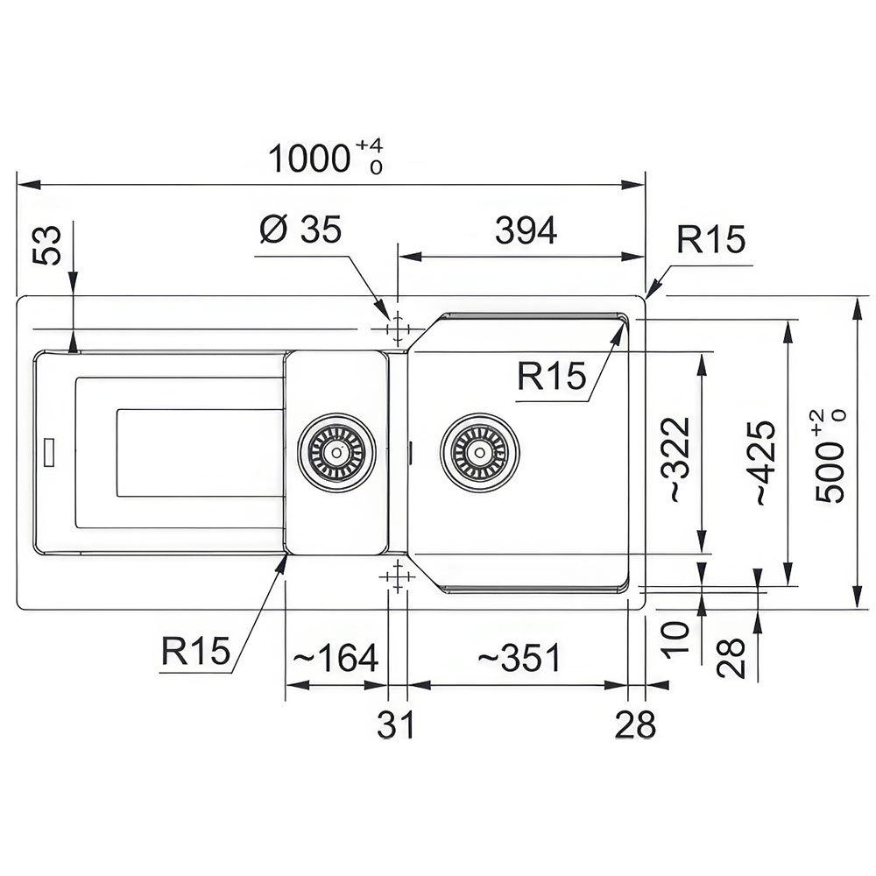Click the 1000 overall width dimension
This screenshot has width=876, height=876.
click(309, 159)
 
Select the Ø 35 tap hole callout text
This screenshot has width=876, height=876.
click(300, 230)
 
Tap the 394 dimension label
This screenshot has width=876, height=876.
click(526, 230)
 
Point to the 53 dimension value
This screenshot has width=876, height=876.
click(47, 246)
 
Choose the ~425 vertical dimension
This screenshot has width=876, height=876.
click(765, 463)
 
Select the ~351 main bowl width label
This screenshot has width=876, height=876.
click(518, 658)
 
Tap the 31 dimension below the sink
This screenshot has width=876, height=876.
click(396, 724)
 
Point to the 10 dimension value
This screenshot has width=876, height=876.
click(675, 638)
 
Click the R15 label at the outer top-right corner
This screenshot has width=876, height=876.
click(711, 240)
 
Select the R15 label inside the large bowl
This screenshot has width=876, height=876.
click(551, 375)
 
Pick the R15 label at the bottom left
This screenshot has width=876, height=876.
click(195, 650)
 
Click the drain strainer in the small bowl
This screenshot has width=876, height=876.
click(336, 453)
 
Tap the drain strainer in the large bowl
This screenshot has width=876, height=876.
click(479, 452)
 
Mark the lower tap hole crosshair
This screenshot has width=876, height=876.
click(397, 576)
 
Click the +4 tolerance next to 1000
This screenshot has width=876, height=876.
click(370, 145)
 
